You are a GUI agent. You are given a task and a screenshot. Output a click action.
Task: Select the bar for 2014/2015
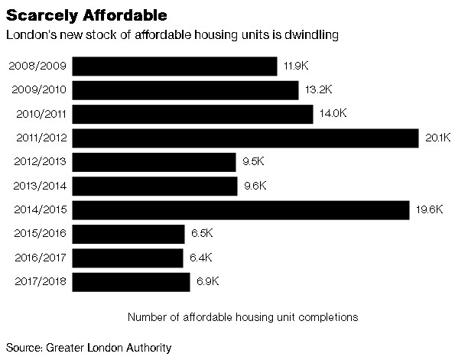coord(242,210)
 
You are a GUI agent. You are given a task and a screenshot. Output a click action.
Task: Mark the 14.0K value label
coord(333,114)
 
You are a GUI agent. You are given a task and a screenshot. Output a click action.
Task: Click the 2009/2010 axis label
coord(40,90)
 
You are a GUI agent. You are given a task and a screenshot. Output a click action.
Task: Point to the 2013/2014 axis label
coord(40,186)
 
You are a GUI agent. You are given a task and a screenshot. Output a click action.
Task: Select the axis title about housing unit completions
coord(242,316)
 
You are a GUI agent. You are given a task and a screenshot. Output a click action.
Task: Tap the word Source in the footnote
coord(24,347)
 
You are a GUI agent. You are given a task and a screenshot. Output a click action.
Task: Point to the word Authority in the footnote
coord(148,347)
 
